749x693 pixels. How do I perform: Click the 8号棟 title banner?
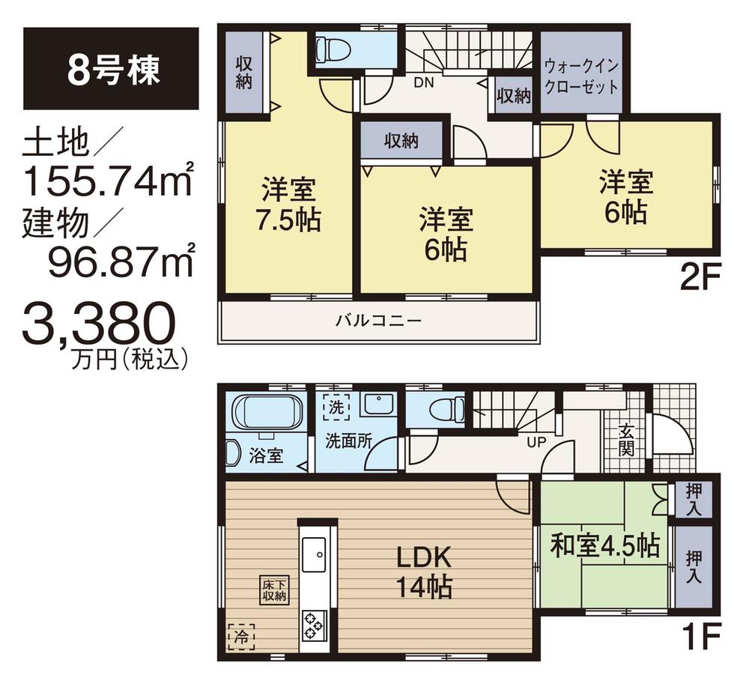111,68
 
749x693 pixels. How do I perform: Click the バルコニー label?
378,321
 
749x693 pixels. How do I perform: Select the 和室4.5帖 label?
605,545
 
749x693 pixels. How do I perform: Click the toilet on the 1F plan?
440,411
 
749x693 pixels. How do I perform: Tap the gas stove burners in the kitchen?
313,623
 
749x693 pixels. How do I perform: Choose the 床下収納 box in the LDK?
275,590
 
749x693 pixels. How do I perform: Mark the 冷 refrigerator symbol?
240,636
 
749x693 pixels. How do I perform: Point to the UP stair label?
536,442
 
